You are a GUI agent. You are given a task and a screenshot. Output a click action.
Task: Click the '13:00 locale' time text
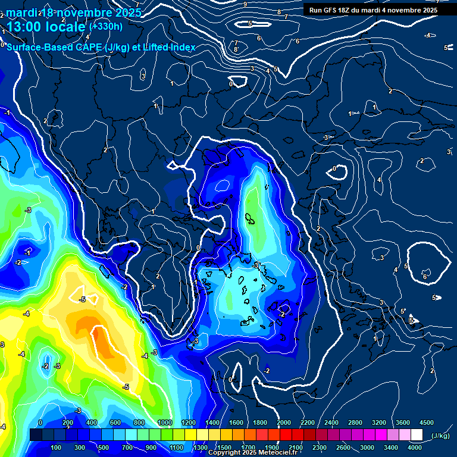tap(46, 26)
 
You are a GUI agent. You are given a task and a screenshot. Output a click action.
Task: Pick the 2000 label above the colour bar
tap(283, 422)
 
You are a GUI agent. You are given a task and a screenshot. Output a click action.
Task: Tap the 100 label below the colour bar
tap(57, 447)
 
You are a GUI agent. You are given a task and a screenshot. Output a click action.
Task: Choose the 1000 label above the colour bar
tap(164, 422)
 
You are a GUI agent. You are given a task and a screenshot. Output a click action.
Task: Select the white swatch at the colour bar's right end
tap(417, 435)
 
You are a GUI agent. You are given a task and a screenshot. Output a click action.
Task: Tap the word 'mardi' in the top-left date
tap(22, 12)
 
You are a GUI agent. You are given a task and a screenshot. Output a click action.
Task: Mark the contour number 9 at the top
tap(245, 4)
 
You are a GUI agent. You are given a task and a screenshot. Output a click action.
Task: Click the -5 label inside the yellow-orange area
tap(83, 299)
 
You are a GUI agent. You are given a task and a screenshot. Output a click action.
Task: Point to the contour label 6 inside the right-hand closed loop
tap(424, 277)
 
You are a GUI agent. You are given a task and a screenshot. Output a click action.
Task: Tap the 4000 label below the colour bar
tap(415, 447)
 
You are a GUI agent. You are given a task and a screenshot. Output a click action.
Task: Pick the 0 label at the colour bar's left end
tap(40, 422)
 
